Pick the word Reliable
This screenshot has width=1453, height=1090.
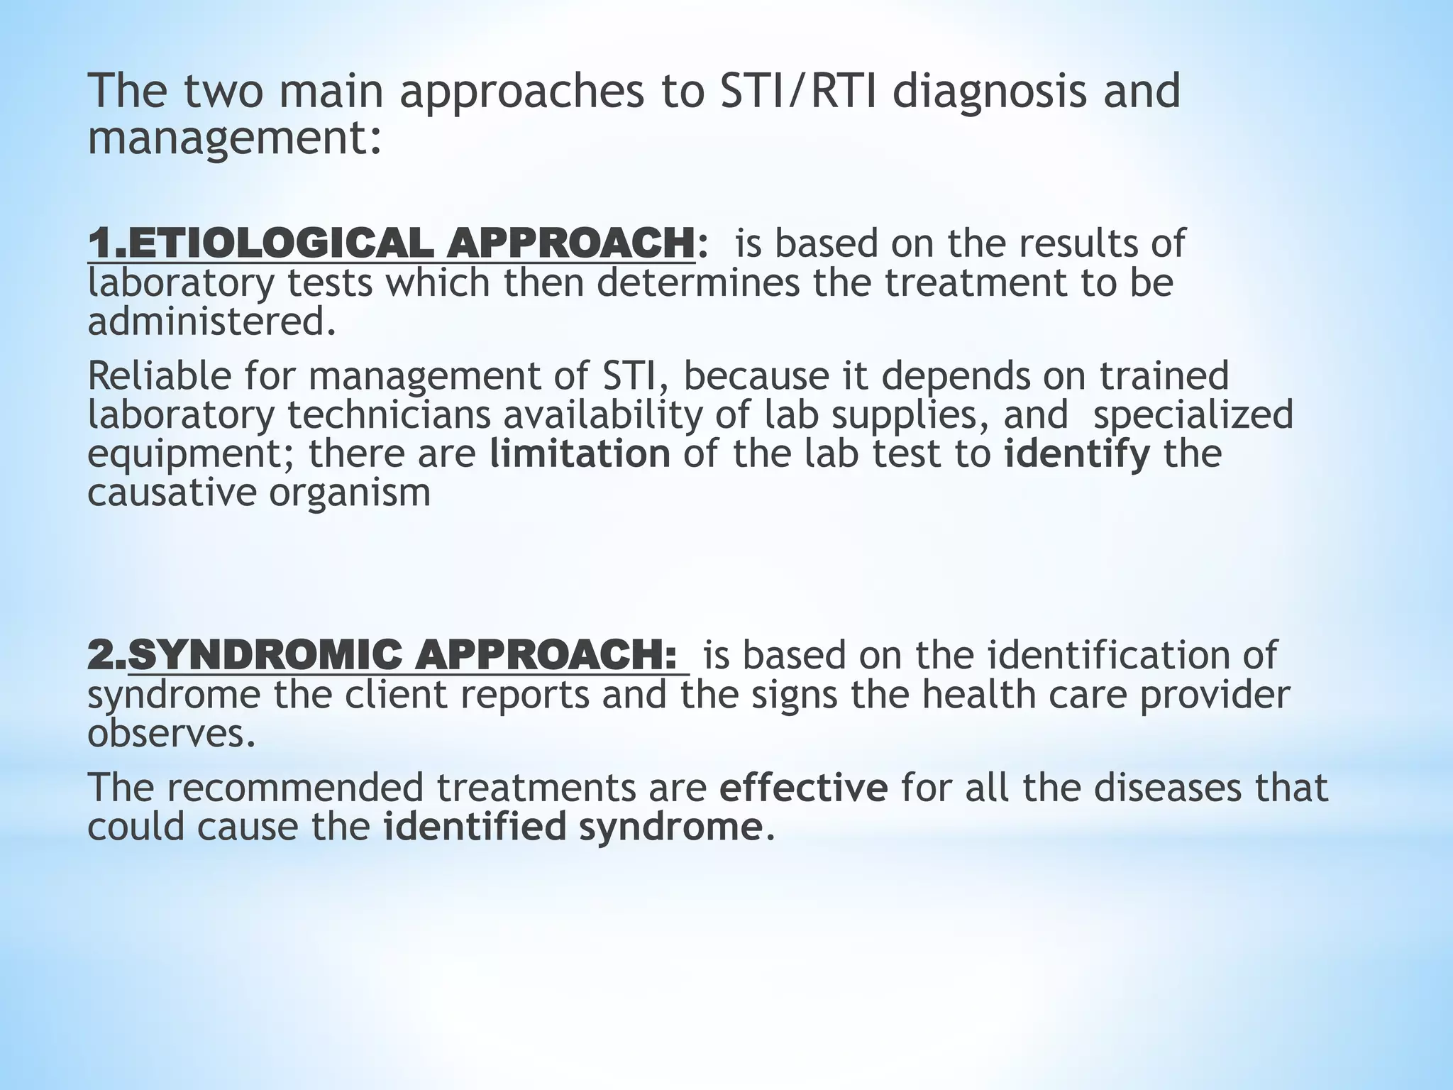pyautogui.click(x=160, y=375)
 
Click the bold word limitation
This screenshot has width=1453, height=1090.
pyautogui.click(x=580, y=454)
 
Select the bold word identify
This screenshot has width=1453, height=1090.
pyautogui.click(x=1077, y=455)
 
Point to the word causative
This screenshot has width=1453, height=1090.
pyautogui.click(x=171, y=493)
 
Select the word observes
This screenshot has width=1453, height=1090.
pyautogui.click(x=170, y=734)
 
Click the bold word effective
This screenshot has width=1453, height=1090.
pyautogui.click(x=803, y=788)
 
